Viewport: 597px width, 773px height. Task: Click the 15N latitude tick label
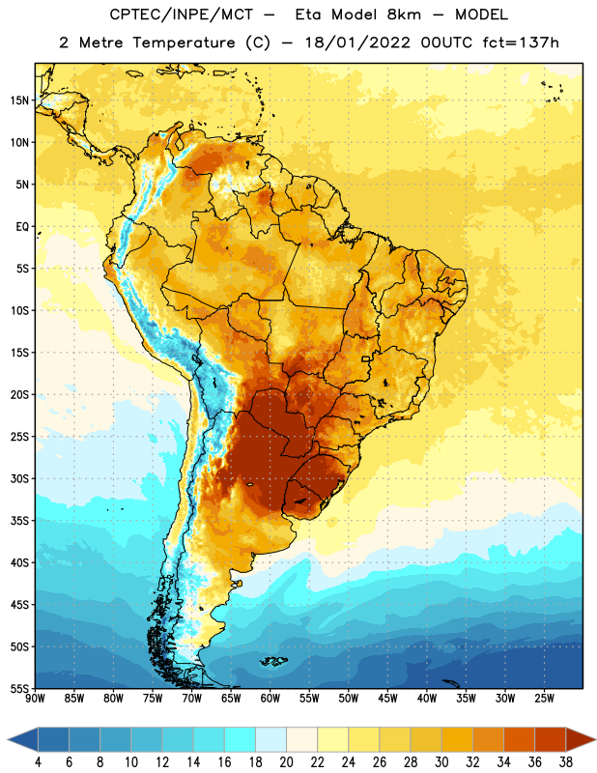19,100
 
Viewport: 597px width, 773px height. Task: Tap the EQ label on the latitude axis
22,227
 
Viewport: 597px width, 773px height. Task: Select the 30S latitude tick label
19,478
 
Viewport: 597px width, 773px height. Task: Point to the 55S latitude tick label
19,688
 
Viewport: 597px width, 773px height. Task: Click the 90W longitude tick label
35,699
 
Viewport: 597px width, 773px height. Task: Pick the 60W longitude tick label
270,699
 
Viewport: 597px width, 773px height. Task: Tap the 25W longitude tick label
544,699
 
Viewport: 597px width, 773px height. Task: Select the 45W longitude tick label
387,699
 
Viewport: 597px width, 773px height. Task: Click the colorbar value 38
565,762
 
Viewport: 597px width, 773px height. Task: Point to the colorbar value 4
38,762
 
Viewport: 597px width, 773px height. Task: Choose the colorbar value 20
286,762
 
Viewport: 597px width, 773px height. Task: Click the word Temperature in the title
184,43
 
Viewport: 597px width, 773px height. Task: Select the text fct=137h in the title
521,43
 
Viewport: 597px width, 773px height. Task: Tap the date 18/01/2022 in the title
357,43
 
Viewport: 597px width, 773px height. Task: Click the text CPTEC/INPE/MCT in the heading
182,14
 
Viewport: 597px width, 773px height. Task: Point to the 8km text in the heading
404,14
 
